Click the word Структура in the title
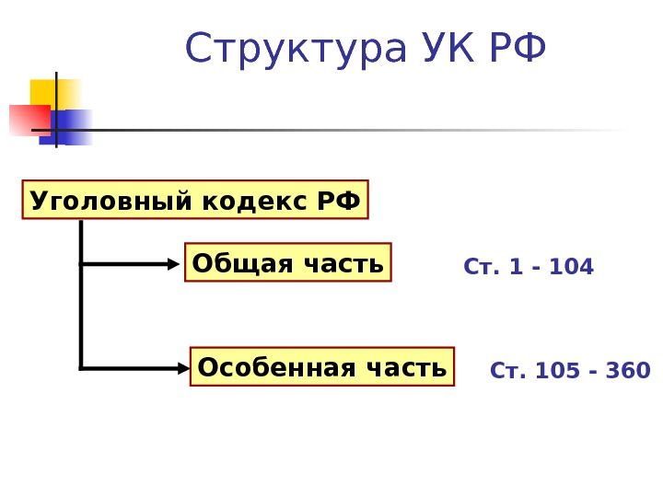tap(294, 51)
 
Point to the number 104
tap(571, 267)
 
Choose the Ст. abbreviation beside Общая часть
tap(479, 267)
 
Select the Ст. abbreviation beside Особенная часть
tap(506, 371)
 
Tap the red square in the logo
tap(28, 120)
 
